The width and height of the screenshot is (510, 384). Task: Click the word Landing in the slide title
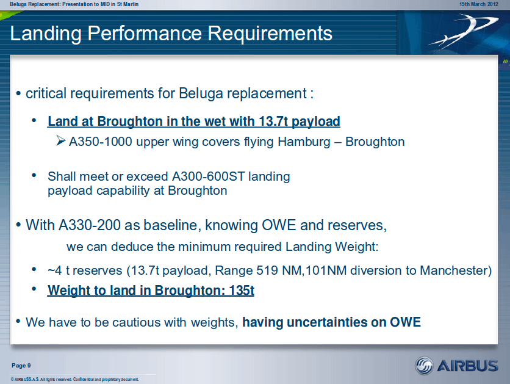(46, 34)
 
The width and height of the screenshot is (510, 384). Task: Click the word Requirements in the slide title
(270, 33)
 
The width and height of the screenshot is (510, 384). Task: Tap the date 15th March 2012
(478, 4)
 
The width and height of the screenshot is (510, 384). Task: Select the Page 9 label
(21, 366)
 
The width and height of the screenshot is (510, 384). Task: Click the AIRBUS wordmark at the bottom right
(467, 366)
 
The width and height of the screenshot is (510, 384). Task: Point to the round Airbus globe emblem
(424, 366)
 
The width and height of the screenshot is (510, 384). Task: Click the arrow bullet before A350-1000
(60, 140)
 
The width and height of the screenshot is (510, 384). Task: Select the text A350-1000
(101, 142)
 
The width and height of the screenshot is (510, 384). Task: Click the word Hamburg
(304, 142)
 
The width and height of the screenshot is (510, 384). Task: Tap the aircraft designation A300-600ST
(208, 176)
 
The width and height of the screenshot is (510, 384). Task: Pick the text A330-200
(90, 225)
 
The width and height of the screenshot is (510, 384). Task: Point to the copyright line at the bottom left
(75, 379)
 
